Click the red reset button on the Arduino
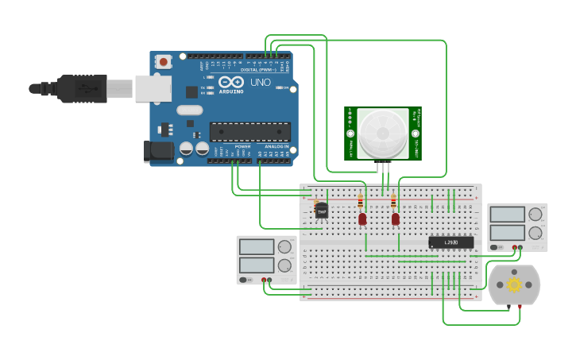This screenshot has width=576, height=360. pyautogui.click(x=163, y=61)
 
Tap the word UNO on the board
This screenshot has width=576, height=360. pyautogui.click(x=261, y=83)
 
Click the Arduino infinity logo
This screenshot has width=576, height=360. pyautogui.click(x=231, y=82)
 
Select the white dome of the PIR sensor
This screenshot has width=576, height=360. pyautogui.click(x=382, y=132)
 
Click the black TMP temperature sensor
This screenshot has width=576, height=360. pyautogui.click(x=322, y=210)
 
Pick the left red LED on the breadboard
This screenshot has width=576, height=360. pyautogui.click(x=362, y=218)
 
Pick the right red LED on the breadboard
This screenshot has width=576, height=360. pyautogui.click(x=395, y=218)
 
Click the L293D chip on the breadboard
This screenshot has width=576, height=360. pyautogui.click(x=450, y=242)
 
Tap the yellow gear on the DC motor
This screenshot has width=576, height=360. pyautogui.click(x=514, y=284)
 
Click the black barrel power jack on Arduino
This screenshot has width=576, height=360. pyautogui.click(x=157, y=151)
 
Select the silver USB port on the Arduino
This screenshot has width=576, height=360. pyautogui.click(x=153, y=88)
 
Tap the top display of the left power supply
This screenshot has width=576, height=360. pyautogui.click(x=257, y=247)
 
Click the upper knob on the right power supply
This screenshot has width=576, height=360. pyautogui.click(x=535, y=214)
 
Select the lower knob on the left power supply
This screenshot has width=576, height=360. pyautogui.click(x=284, y=265)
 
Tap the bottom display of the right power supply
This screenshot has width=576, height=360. pyautogui.click(x=507, y=233)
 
